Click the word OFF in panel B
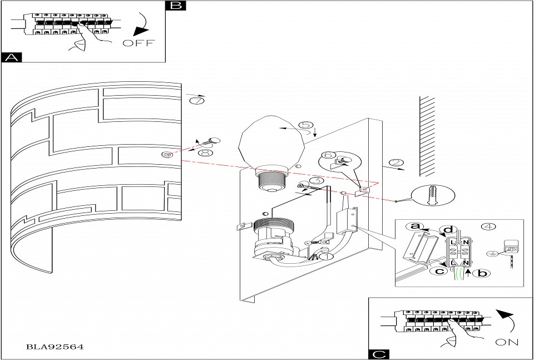coord(139,43)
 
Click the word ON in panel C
coord(507,342)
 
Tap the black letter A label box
coord(12,57)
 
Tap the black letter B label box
coord(176,6)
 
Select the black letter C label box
coord(379,354)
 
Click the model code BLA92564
coord(55,347)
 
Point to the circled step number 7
coord(196,101)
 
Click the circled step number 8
coord(205,153)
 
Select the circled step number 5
coord(305,125)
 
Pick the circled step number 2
coord(395,163)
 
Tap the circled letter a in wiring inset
coord(414,226)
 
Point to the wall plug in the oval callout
coord(433,196)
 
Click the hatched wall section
coord(427,136)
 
